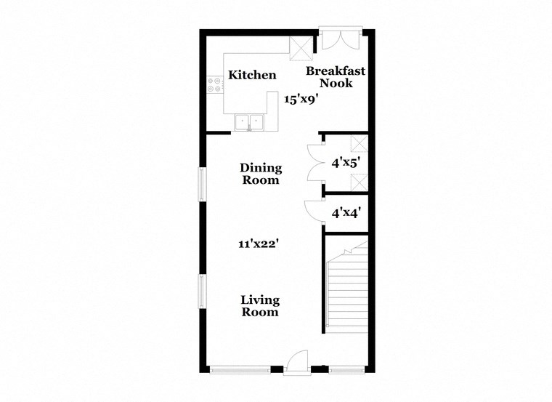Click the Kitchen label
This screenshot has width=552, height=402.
(x=252, y=75)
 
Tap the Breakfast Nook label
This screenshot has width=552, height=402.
(x=335, y=77)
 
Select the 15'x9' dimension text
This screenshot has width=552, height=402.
(x=301, y=100)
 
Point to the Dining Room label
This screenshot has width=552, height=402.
(x=261, y=174)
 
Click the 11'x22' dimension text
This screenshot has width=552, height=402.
(x=259, y=244)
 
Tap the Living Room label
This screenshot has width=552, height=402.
(x=260, y=306)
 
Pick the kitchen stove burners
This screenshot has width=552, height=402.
(x=216, y=85)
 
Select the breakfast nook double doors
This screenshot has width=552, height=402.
(x=340, y=39)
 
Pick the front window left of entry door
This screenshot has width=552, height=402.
(x=240, y=369)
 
